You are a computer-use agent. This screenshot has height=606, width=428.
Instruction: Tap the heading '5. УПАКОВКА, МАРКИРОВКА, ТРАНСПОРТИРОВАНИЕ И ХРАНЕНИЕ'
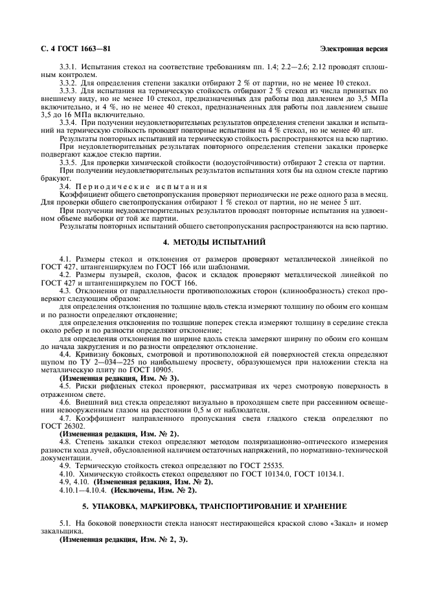pos(214,504)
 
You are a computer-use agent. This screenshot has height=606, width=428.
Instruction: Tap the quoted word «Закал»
pos(322,521)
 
